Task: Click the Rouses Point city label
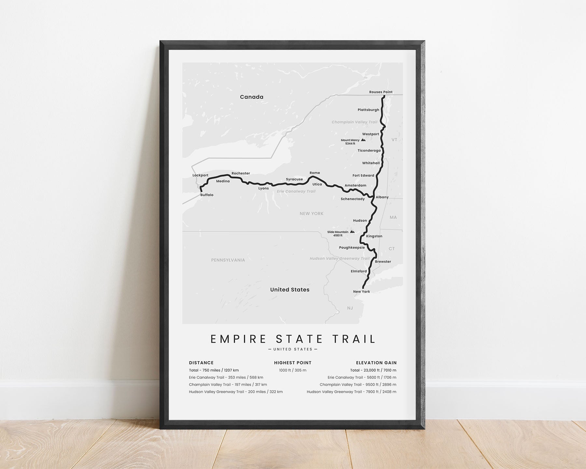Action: pyautogui.click(x=381, y=92)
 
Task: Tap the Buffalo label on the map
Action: pyautogui.click(x=207, y=195)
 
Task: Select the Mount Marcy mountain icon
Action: pyautogui.click(x=363, y=140)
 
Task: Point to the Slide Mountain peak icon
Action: pyautogui.click(x=352, y=232)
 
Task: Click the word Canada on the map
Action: pyautogui.click(x=252, y=97)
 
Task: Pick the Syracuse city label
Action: pyautogui.click(x=294, y=179)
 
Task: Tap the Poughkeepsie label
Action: pyautogui.click(x=352, y=248)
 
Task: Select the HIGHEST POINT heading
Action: pyautogui.click(x=293, y=363)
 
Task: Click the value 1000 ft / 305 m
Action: pyautogui.click(x=293, y=370)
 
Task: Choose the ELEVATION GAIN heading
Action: pyautogui.click(x=376, y=363)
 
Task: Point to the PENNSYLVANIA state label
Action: pyautogui.click(x=228, y=260)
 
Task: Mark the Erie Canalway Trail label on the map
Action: pyautogui.click(x=296, y=192)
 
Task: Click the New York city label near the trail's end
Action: pyautogui.click(x=361, y=292)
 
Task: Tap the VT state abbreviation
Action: pyautogui.click(x=394, y=140)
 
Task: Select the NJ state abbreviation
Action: pyautogui.click(x=350, y=308)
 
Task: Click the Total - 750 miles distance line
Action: pyautogui.click(x=214, y=370)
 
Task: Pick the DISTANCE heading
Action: pyautogui.click(x=201, y=363)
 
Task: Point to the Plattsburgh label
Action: pyautogui.click(x=368, y=110)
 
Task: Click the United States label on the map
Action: pyautogui.click(x=290, y=290)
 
